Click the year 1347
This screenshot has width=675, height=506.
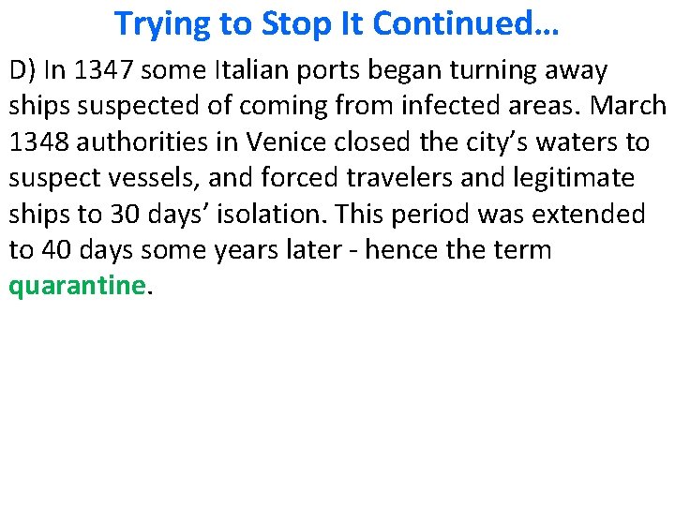[x=97, y=70]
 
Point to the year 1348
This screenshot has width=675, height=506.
[x=39, y=142]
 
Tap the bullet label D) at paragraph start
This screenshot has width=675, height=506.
[x=22, y=70]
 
